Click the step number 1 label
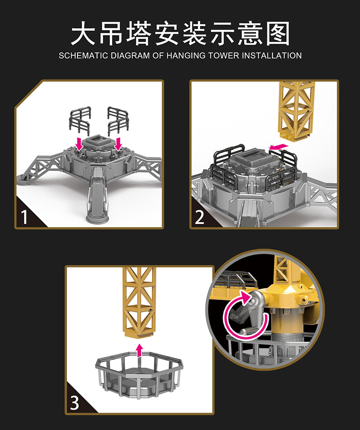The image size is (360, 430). [x=25, y=217]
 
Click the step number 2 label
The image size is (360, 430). [x=200, y=217]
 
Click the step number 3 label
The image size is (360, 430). [x=75, y=403]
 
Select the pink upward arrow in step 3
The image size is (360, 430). [x=140, y=350]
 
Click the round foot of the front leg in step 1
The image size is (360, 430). [x=98, y=217]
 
